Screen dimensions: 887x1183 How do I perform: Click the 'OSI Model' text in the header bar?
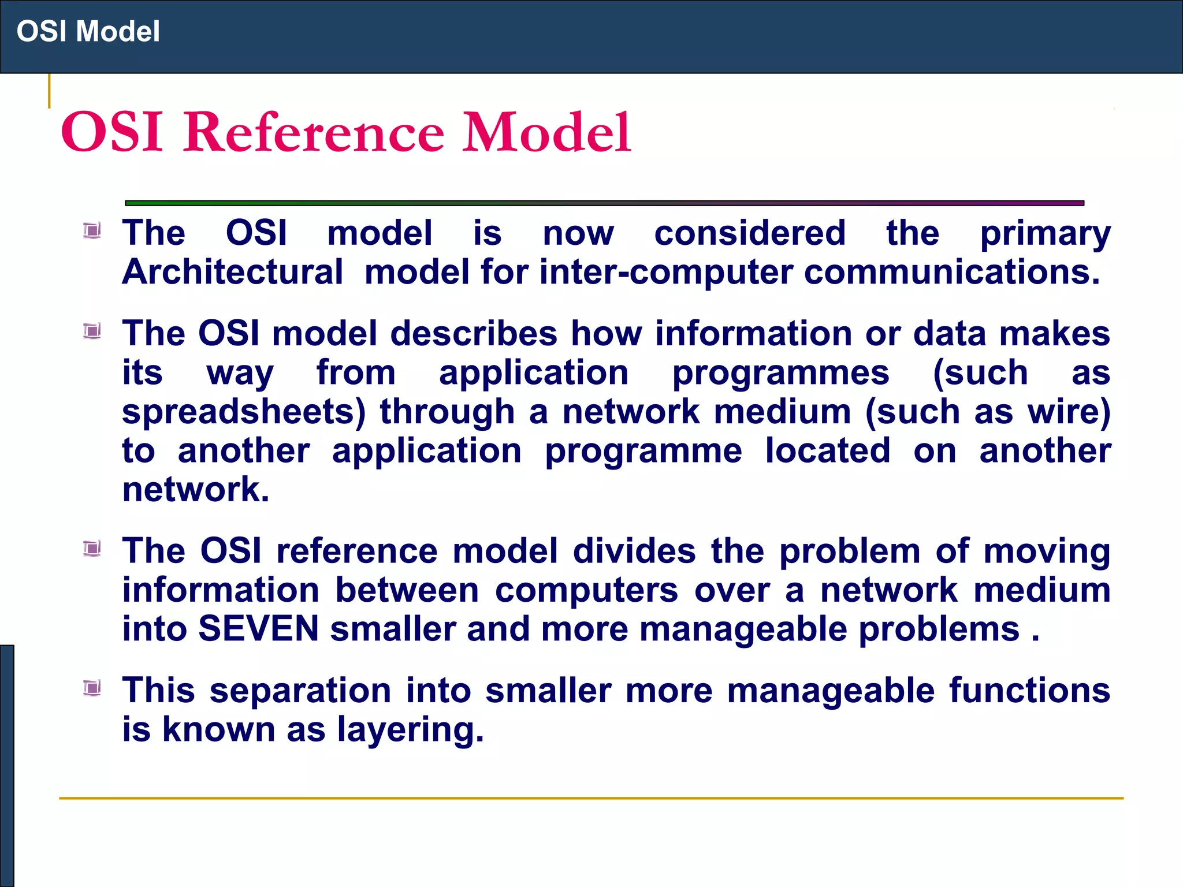(88, 31)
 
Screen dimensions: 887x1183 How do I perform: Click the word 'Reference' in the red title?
(314, 133)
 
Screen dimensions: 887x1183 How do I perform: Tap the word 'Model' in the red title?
(546, 133)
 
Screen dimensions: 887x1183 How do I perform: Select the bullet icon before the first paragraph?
(92, 231)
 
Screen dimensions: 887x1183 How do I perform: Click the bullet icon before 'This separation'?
(92, 688)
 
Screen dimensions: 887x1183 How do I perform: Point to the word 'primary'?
(1045, 234)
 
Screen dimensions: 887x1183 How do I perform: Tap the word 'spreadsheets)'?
(244, 412)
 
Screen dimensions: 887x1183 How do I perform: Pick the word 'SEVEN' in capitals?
(258, 628)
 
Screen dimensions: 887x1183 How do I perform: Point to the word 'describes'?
(474, 334)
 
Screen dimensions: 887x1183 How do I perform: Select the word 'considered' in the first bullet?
(750, 233)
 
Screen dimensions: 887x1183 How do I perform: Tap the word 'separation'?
(300, 691)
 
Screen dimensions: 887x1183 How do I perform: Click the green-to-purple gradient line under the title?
(604, 203)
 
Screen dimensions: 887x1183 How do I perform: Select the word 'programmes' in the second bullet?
(780, 374)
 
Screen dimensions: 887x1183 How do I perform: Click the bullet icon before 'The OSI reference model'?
(92, 548)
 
